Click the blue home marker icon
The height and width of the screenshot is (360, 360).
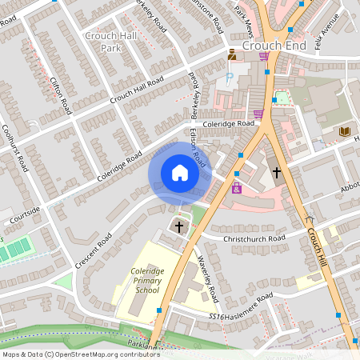click(180, 173)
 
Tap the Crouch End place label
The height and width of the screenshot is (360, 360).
click(274, 46)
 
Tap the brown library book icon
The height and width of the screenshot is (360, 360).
click(345, 131)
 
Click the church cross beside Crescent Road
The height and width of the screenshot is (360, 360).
click(179, 227)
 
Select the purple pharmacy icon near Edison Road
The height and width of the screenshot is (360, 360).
click(237, 188)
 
